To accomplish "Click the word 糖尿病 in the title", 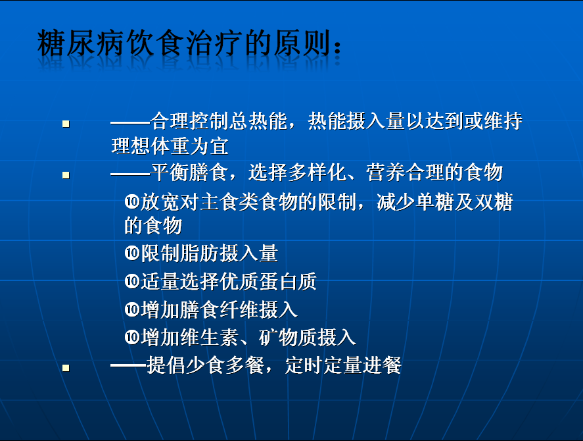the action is [x=81, y=43].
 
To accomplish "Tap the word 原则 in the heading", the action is [x=302, y=43].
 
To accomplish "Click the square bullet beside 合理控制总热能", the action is [x=66, y=124].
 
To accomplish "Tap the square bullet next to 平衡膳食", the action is [x=66, y=174].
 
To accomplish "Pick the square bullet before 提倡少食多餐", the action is [x=66, y=368].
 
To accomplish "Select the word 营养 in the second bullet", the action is [x=386, y=172].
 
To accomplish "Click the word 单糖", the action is [x=435, y=202].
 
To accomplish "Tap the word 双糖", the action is [x=494, y=202].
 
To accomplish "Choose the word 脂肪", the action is [x=200, y=253].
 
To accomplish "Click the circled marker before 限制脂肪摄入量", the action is [x=131, y=253].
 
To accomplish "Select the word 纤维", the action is [x=239, y=309].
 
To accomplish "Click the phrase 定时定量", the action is [x=323, y=365].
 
